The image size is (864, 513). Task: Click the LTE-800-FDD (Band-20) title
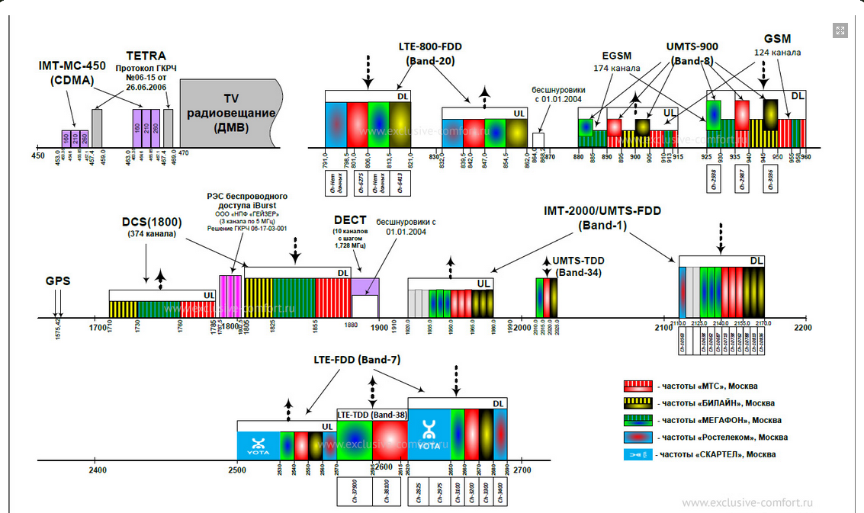click(429, 53)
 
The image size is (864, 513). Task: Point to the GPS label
click(58, 281)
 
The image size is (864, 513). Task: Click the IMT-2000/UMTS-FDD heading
click(602, 217)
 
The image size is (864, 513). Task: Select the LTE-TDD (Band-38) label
click(371, 415)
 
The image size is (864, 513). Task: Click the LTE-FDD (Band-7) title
click(356, 360)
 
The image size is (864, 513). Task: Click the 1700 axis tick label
click(97, 328)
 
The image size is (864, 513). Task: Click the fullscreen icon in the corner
click(840, 30)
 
